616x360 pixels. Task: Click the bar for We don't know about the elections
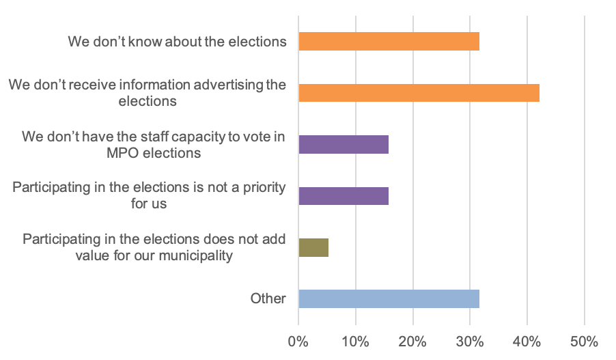pyautogui.click(x=389, y=41)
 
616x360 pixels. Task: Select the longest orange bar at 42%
pyautogui.click(x=419, y=92)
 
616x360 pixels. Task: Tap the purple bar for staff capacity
pyautogui.click(x=344, y=144)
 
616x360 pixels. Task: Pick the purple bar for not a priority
pyautogui.click(x=344, y=195)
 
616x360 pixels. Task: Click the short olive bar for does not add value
pyautogui.click(x=313, y=247)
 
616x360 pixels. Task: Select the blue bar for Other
pyautogui.click(x=389, y=299)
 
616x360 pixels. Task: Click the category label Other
pyautogui.click(x=268, y=299)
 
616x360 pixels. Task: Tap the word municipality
pyautogui.click(x=199, y=256)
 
